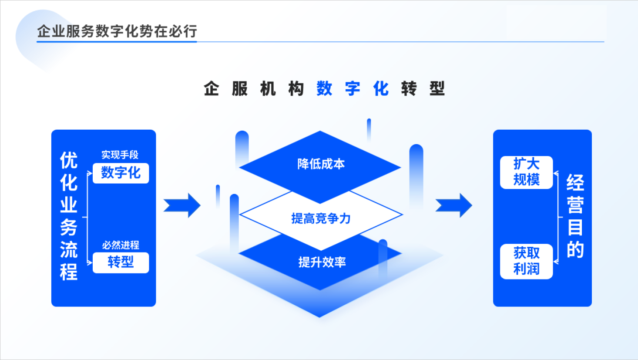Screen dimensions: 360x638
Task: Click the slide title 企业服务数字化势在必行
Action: (117, 31)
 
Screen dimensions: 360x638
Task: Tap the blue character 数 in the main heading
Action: (324, 89)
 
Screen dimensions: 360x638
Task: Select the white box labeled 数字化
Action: (121, 173)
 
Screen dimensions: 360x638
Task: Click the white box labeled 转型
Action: (121, 262)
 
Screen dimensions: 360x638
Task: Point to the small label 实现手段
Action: (120, 155)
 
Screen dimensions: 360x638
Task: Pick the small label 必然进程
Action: (121, 245)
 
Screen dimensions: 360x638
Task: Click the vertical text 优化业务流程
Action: (69, 216)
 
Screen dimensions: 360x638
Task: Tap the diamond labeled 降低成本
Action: (321, 164)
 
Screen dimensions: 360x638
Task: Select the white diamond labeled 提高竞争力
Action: (321, 218)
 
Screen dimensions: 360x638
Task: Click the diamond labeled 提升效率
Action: (322, 262)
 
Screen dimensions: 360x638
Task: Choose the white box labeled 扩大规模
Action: (526, 172)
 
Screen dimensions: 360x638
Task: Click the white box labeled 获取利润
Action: (526, 261)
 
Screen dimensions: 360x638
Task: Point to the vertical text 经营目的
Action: (575, 216)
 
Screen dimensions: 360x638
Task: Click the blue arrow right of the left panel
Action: (182, 205)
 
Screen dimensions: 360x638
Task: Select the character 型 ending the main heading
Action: (437, 89)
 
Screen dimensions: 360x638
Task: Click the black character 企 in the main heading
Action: (212, 89)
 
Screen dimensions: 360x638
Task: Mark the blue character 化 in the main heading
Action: (381, 89)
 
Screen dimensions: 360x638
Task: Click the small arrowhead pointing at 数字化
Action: (90, 173)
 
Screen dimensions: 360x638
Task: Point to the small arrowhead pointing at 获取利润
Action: (556, 262)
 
